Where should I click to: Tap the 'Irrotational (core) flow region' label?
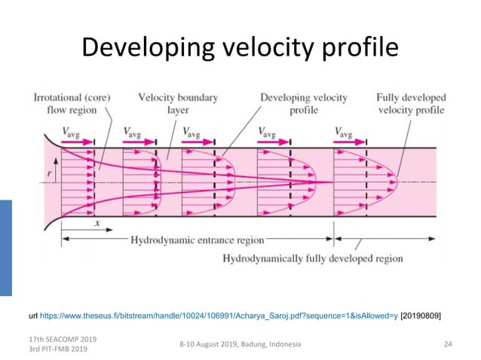pyautogui.click(x=72, y=104)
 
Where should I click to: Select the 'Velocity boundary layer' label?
pyautogui.click(x=167, y=104)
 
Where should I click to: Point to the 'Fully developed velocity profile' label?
pyautogui.click(x=412, y=104)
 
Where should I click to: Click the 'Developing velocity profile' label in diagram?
pyautogui.click(x=302, y=104)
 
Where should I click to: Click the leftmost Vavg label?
pyautogui.click(x=75, y=133)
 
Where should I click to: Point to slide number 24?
pyautogui.click(x=448, y=344)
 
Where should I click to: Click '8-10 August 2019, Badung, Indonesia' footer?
pyautogui.click(x=240, y=344)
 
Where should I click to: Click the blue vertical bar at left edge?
pyautogui.click(x=6, y=249)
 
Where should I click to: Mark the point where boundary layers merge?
pyautogui.click(x=332, y=182)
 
